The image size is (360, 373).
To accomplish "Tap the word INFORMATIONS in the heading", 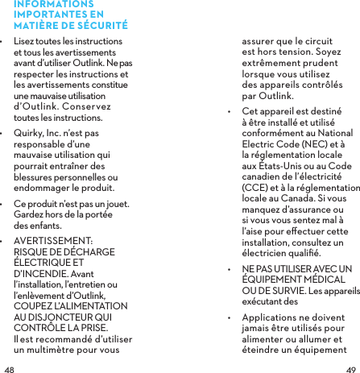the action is click(x=48, y=4).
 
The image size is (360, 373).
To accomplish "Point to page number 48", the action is click(x=9, y=367).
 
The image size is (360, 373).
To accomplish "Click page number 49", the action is click(x=350, y=367).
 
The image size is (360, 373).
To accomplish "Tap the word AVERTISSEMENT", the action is click(x=53, y=240).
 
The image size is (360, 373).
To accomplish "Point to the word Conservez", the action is click(x=85, y=106).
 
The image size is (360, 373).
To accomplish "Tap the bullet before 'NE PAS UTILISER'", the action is click(x=231, y=268).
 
